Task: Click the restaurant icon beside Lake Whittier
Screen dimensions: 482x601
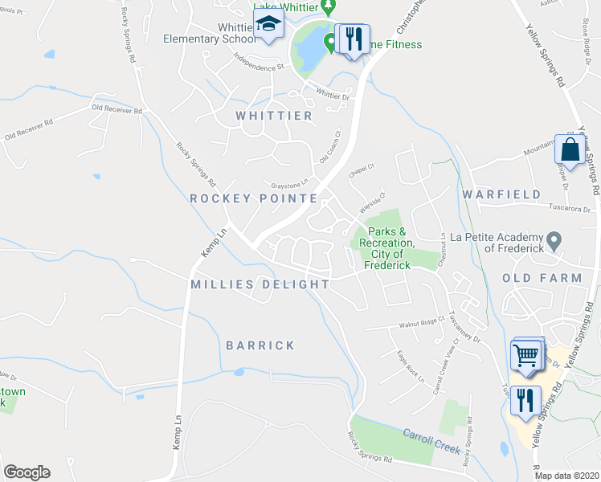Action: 352,38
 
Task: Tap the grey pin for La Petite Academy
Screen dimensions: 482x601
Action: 554,240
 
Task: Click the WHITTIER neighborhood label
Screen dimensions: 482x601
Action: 274,116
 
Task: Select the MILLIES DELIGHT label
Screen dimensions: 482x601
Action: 260,284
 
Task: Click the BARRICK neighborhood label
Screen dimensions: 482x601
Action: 260,345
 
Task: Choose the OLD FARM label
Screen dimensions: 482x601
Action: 542,278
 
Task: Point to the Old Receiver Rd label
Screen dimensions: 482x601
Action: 117,110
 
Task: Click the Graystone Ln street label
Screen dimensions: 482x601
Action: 289,183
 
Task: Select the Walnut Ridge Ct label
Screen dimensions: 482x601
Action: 421,325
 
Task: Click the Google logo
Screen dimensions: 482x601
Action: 27,472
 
